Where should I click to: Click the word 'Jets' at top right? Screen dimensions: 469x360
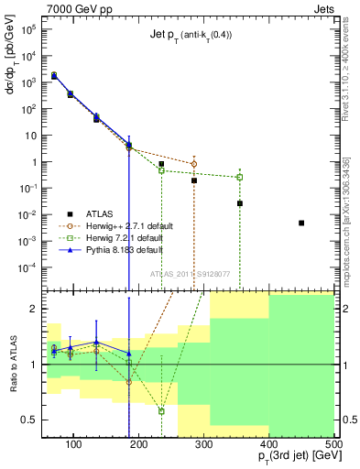pyautogui.click(x=323, y=7)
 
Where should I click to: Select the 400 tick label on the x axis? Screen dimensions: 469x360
pyautogui.click(x=268, y=445)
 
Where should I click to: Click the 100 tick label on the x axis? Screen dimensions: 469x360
pyautogui.click(x=88, y=445)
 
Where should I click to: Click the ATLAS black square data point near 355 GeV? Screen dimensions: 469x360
pyautogui.click(x=240, y=203)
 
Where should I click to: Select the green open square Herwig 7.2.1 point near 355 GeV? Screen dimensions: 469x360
pyautogui.click(x=240, y=177)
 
